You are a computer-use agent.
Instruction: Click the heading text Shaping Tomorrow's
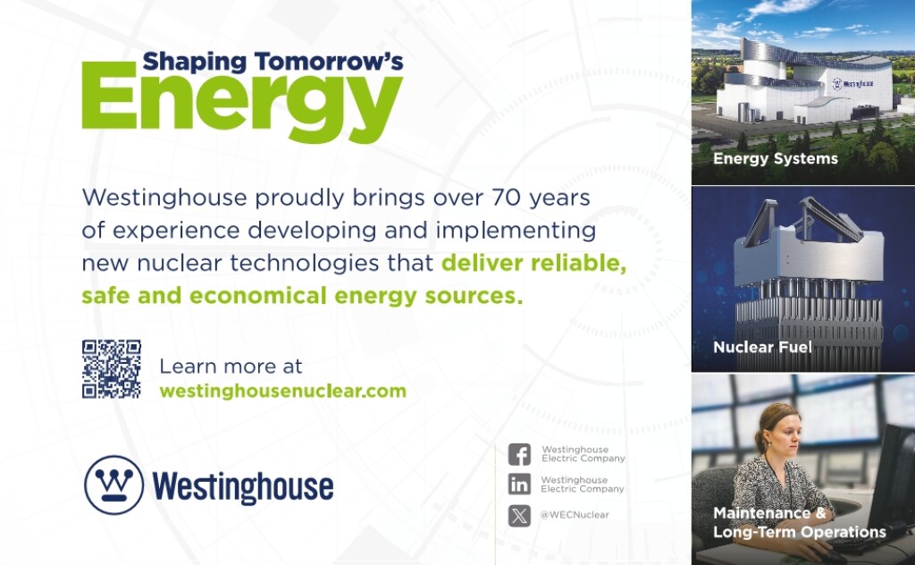pyautogui.click(x=273, y=62)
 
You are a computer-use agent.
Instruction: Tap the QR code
pyautogui.click(x=112, y=369)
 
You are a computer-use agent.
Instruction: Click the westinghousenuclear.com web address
pyautogui.click(x=283, y=391)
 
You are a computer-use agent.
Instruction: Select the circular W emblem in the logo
pyautogui.click(x=113, y=485)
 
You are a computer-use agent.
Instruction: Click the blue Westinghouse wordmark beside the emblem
pyautogui.click(x=243, y=487)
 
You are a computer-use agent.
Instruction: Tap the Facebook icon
pyautogui.click(x=519, y=454)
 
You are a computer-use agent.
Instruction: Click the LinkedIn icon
pyautogui.click(x=519, y=484)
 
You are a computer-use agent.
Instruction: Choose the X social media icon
pyautogui.click(x=519, y=516)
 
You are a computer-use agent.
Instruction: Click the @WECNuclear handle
pyautogui.click(x=575, y=515)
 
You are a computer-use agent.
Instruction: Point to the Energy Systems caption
pyautogui.click(x=776, y=159)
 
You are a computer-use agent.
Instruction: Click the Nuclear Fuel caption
pyautogui.click(x=763, y=347)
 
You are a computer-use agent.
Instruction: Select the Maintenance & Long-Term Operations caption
pyautogui.click(x=800, y=522)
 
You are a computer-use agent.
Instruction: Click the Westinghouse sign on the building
pyautogui.click(x=853, y=84)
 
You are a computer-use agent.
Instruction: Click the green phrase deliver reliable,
pyautogui.click(x=534, y=263)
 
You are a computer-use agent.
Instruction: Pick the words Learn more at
pyautogui.click(x=231, y=367)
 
